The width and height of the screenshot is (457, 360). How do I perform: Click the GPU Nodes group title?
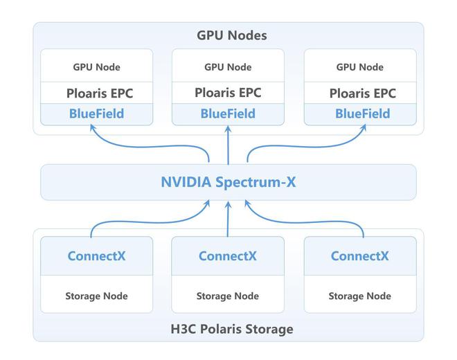[x=232, y=35]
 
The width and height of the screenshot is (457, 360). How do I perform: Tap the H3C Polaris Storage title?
[x=232, y=329]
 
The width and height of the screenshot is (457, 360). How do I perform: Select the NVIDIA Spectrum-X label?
[x=228, y=182]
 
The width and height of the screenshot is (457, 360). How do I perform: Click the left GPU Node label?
[x=96, y=67]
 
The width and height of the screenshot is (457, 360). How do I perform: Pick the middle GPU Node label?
[x=228, y=67]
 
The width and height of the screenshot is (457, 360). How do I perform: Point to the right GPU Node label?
[x=360, y=67]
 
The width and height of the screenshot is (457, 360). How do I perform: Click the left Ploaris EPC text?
[x=100, y=93]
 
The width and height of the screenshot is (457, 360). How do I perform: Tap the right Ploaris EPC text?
[x=363, y=93]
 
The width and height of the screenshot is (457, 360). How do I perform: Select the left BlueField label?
[x=96, y=114]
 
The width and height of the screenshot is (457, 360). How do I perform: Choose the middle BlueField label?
[x=228, y=114]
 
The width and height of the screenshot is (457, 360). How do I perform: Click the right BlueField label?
[x=363, y=114]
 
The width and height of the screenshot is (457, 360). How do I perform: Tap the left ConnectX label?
[x=96, y=256]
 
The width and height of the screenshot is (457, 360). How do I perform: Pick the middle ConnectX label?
[x=228, y=256]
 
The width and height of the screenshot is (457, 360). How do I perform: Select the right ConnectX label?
[x=359, y=256]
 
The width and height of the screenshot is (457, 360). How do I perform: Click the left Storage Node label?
[x=96, y=296]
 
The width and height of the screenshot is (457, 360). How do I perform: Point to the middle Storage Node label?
[x=228, y=296]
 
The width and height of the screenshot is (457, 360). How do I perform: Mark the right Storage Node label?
[x=359, y=296]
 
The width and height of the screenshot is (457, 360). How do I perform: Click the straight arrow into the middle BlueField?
[x=228, y=145]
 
